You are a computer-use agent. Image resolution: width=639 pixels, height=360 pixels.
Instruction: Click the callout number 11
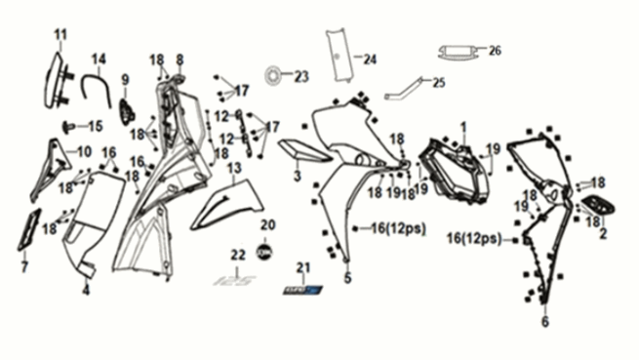pyautogui.click(x=60, y=35)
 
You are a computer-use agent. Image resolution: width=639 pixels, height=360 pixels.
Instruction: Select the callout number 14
pyautogui.click(x=100, y=59)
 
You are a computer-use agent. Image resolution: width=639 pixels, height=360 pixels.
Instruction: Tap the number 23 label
pyautogui.click(x=300, y=76)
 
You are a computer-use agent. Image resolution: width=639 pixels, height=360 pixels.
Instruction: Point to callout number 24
pyautogui.click(x=370, y=60)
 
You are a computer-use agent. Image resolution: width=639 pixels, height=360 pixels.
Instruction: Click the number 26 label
pyautogui.click(x=494, y=50)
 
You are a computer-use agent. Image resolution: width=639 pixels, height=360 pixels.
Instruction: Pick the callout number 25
pyautogui.click(x=438, y=82)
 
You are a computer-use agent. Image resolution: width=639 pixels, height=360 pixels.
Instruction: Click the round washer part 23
pyautogui.click(x=274, y=74)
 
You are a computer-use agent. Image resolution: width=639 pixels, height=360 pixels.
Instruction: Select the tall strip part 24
pyautogui.click(x=339, y=57)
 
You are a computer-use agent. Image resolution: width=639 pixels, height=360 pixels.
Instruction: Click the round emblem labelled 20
pyautogui.click(x=262, y=251)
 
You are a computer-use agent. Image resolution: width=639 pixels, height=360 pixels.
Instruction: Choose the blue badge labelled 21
pyautogui.click(x=301, y=289)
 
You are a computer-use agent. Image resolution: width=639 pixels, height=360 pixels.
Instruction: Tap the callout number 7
pyautogui.click(x=25, y=264)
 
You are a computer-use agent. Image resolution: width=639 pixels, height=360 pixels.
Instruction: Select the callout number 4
pyautogui.click(x=86, y=290)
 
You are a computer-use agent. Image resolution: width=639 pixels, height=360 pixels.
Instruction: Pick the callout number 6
pyautogui.click(x=544, y=321)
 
